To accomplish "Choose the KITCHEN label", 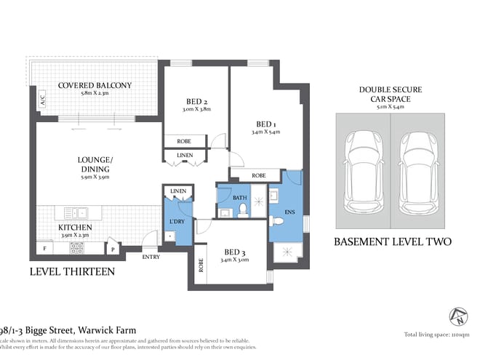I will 75,227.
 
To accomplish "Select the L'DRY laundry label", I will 177,220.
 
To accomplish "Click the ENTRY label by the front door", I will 151,257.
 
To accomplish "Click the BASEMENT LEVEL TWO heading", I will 392,242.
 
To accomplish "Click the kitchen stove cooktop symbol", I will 76,247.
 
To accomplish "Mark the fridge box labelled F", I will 44,249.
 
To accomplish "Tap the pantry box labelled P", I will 113,249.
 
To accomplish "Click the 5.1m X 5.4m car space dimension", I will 390,106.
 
